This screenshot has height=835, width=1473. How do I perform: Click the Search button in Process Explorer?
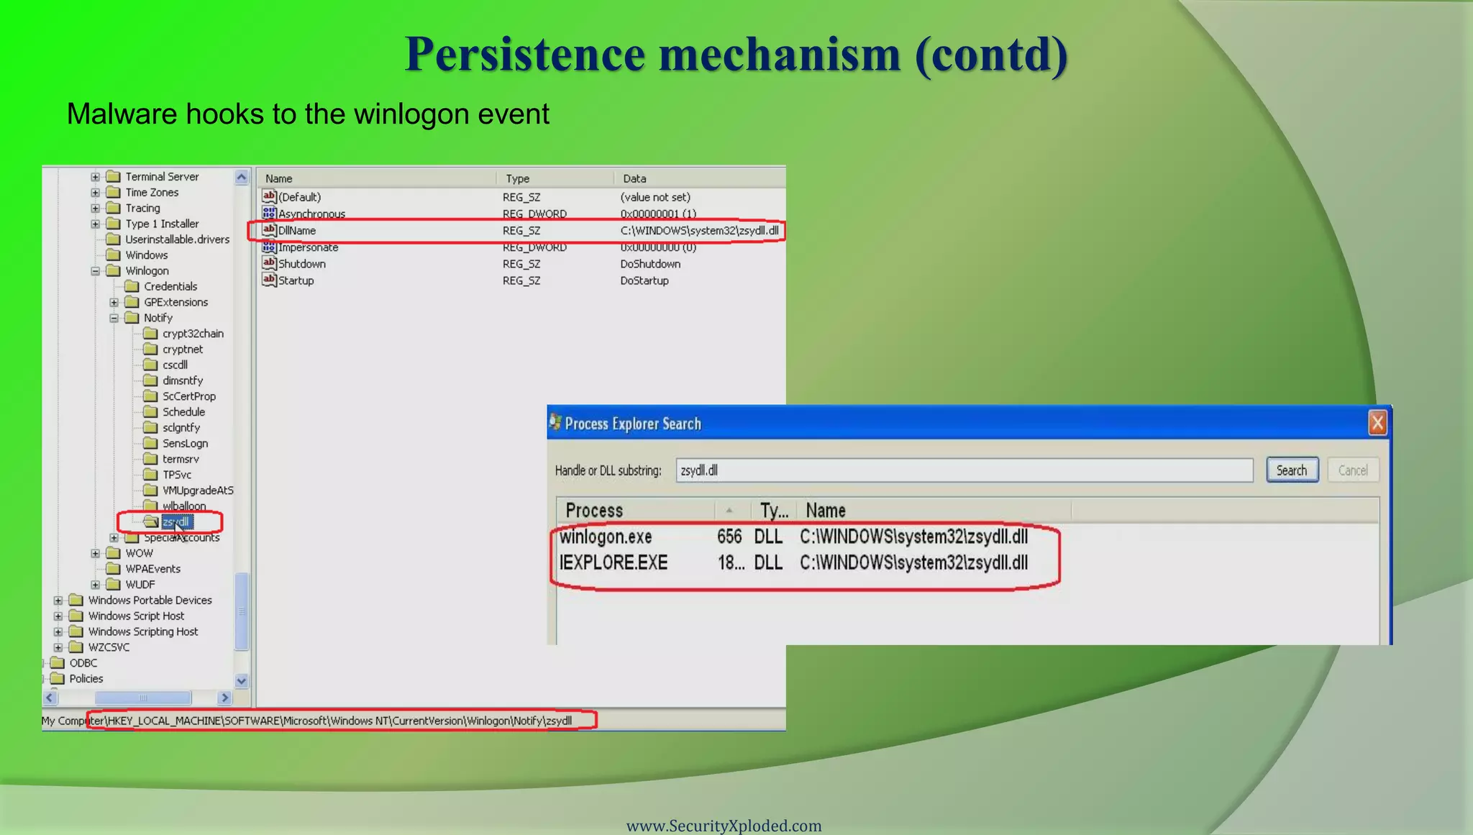(1292, 470)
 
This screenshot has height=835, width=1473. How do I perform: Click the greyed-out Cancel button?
(1352, 470)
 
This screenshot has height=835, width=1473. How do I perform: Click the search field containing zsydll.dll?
(964, 470)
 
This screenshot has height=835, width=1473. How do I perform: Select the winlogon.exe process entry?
(606, 537)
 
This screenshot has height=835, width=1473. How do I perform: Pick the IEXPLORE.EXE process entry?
(614, 562)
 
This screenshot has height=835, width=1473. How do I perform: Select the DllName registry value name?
(297, 231)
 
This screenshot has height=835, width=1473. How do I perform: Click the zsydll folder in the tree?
(175, 521)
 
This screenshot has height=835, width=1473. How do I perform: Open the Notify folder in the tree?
(158, 318)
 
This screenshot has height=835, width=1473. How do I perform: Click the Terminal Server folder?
(161, 177)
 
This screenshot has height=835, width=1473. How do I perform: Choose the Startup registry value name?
(296, 280)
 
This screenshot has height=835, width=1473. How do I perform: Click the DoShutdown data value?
(650, 264)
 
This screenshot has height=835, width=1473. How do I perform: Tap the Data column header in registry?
(634, 178)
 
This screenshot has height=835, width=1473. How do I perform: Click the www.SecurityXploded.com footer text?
(724, 826)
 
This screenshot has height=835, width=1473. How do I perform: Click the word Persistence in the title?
(525, 54)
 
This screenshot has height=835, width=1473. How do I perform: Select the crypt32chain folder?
(192, 334)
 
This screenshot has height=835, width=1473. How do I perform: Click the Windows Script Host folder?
(136, 616)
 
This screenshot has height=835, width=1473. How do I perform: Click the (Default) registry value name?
(299, 197)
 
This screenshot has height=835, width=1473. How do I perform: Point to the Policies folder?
(86, 678)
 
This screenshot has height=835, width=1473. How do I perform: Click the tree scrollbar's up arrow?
(242, 177)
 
